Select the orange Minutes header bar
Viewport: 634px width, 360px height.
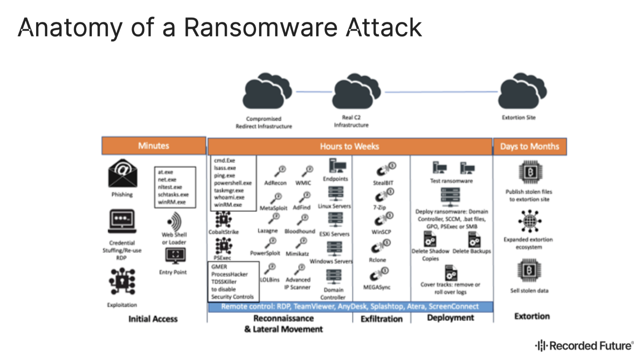154,146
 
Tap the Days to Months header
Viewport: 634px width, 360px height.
529,147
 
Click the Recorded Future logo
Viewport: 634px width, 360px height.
584,346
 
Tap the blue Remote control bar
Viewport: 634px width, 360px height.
350,306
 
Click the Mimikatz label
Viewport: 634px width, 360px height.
297,254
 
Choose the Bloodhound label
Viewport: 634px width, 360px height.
300,231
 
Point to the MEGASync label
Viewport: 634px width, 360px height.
377,287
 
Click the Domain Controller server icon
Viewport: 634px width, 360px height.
334,277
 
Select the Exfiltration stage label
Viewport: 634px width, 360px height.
381,319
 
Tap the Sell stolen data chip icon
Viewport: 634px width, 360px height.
529,271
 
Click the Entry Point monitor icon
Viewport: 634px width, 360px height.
175,256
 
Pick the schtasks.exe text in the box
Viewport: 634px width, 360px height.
173,195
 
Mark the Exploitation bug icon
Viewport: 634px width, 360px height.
122,281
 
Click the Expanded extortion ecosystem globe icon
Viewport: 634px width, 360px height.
529,221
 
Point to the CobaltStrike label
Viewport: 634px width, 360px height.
223,232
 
